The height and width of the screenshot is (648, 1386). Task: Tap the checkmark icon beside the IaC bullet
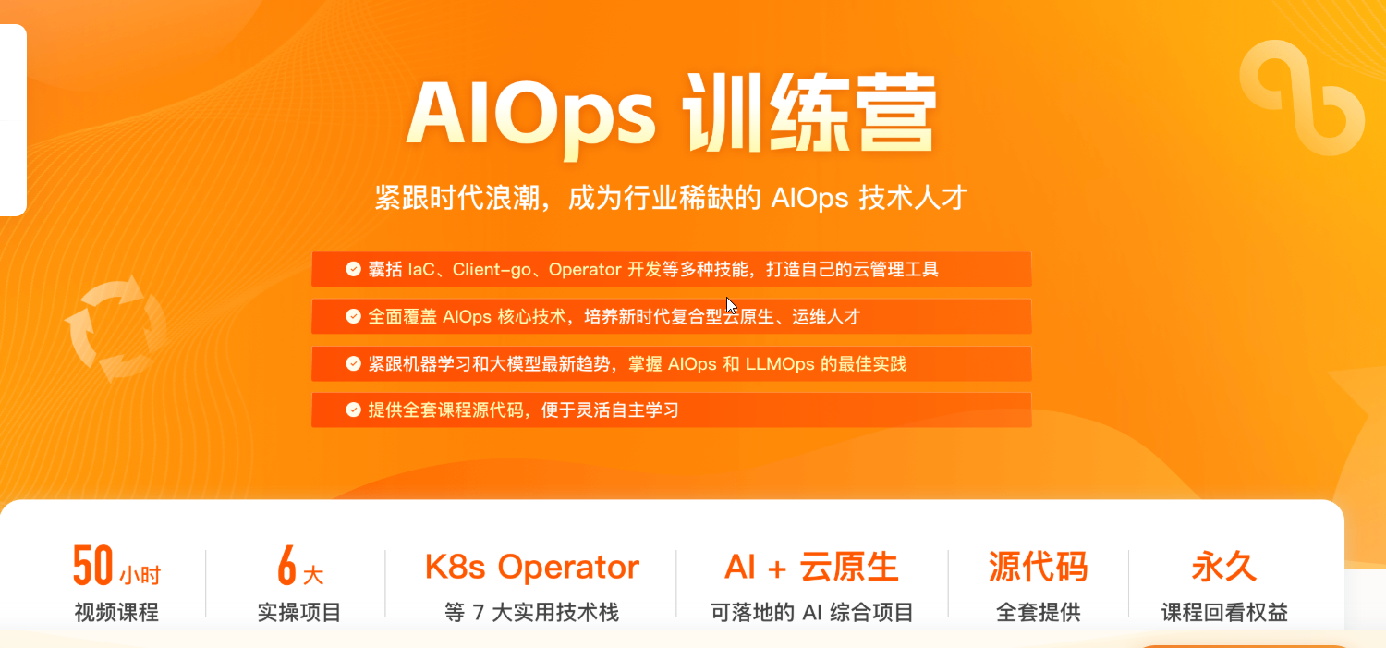(353, 269)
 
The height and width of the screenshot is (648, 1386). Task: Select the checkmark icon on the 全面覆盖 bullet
(353, 316)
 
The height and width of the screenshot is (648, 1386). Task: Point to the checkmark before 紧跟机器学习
(353, 363)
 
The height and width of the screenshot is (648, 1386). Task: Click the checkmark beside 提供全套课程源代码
(353, 410)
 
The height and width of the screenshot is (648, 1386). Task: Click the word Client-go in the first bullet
(492, 269)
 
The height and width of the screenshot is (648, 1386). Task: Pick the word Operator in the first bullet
(585, 269)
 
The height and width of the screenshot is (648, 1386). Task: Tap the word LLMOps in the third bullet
(780, 364)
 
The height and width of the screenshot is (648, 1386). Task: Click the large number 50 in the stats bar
(93, 565)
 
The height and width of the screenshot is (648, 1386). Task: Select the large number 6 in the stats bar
(286, 565)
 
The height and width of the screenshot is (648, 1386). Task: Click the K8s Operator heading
(532, 567)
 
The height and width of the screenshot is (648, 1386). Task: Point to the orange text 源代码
(1039, 567)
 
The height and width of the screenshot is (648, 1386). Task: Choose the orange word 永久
(1224, 567)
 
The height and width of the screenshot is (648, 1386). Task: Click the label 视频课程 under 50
(117, 613)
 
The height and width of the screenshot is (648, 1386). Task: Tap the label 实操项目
(299, 613)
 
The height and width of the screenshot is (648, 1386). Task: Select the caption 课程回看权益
(1224, 613)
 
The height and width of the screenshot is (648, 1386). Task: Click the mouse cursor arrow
(731, 306)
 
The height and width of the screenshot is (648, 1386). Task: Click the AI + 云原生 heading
(811, 567)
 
